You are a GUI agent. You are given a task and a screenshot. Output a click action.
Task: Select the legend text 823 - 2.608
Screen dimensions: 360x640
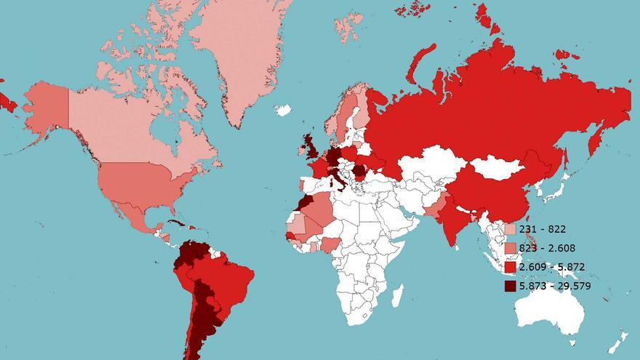547,248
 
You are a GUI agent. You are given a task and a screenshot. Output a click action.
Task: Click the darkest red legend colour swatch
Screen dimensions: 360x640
511,286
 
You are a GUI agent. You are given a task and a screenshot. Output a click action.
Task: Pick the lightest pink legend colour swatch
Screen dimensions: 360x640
511,229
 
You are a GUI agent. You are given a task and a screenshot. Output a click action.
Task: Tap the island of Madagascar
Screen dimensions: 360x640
397,295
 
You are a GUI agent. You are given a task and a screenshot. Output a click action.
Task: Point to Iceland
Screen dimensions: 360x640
283,111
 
